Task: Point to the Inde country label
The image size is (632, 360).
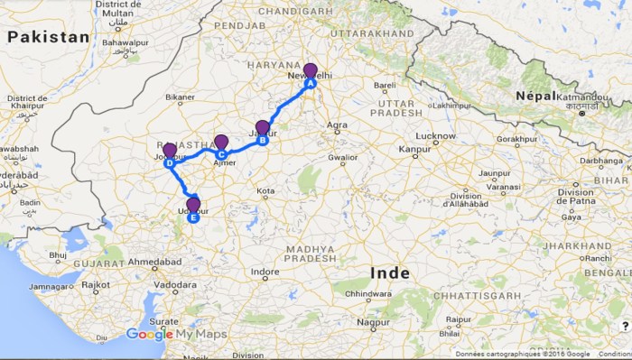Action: [x=389, y=272]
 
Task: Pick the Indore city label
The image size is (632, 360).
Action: [x=265, y=272]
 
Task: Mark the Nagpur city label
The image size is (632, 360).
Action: [x=372, y=321]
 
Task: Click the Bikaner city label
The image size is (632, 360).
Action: [x=180, y=96]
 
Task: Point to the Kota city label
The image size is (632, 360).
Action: [x=265, y=191]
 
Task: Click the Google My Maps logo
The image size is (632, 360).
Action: [x=176, y=334]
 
